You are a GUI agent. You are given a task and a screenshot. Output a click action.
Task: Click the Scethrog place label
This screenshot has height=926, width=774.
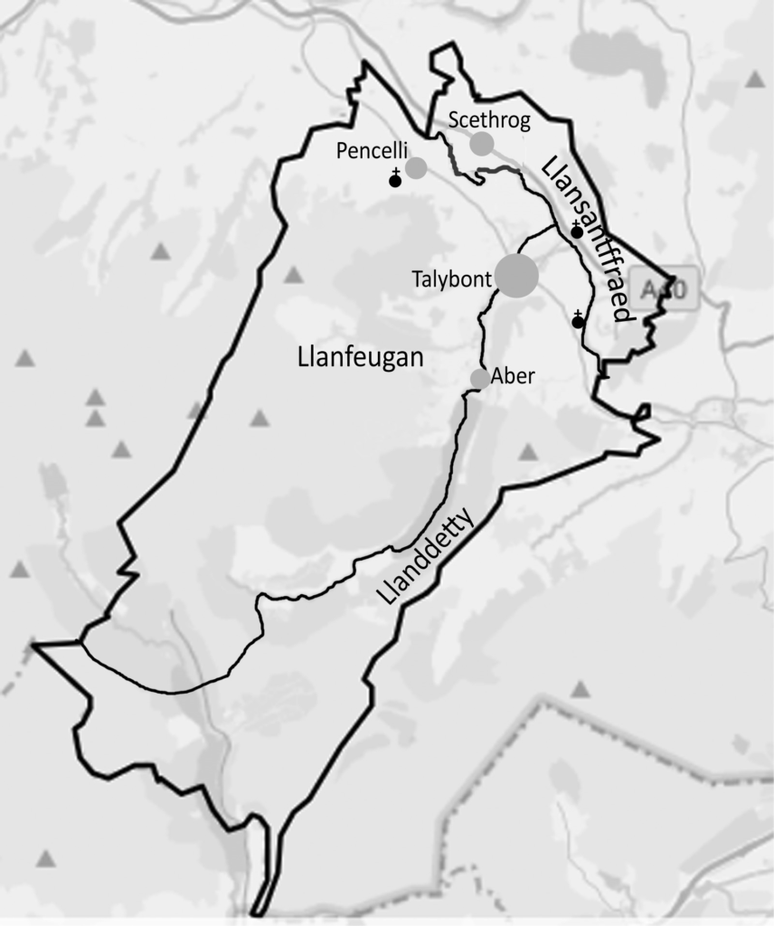coord(488,120)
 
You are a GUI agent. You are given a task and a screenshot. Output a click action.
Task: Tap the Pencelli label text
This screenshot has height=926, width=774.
coord(373,151)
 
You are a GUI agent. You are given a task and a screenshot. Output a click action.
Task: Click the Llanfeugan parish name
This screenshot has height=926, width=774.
coord(360,358)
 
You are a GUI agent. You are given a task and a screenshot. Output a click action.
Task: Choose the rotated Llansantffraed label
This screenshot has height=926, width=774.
coord(584,238)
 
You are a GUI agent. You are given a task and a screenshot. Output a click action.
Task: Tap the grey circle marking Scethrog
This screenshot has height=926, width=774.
coord(482,143)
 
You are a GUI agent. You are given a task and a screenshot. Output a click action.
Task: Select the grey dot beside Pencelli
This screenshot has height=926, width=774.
coord(416,167)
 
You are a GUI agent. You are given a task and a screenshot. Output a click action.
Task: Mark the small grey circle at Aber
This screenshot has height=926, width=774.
coord(480,378)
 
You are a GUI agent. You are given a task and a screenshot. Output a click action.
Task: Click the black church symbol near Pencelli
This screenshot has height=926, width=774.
coord(394,180)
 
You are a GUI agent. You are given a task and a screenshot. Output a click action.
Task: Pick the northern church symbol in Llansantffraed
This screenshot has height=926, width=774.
coord(576,231)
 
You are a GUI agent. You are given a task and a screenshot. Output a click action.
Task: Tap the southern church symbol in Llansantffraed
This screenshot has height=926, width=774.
coord(578,320)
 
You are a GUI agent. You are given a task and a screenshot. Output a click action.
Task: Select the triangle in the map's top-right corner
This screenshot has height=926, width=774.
coord(755,80)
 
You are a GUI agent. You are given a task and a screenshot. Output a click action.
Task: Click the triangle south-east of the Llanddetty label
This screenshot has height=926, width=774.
coord(580,690)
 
